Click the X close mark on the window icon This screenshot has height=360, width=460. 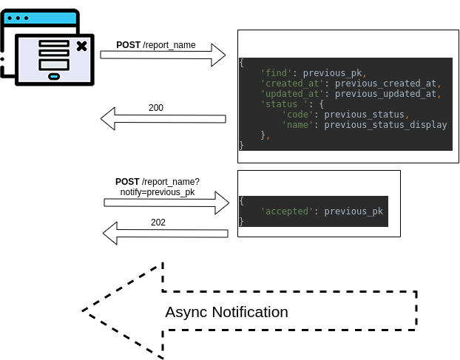(x=81, y=47)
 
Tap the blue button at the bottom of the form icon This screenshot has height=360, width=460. (x=54, y=75)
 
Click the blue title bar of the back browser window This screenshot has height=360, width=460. (x=40, y=16)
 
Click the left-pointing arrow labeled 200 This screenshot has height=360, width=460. (x=163, y=118)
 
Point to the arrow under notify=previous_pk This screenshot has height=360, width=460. (x=166, y=202)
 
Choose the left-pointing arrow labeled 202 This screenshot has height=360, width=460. (x=165, y=233)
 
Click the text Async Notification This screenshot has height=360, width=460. (x=226, y=312)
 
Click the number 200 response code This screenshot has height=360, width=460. (x=156, y=108)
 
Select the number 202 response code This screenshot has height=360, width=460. (x=158, y=223)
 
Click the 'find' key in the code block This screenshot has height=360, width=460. (x=276, y=72)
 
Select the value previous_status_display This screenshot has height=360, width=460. (x=385, y=125)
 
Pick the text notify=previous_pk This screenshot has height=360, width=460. (x=158, y=192)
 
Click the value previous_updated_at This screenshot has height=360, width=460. (x=388, y=94)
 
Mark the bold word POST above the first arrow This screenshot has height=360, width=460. (x=129, y=45)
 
